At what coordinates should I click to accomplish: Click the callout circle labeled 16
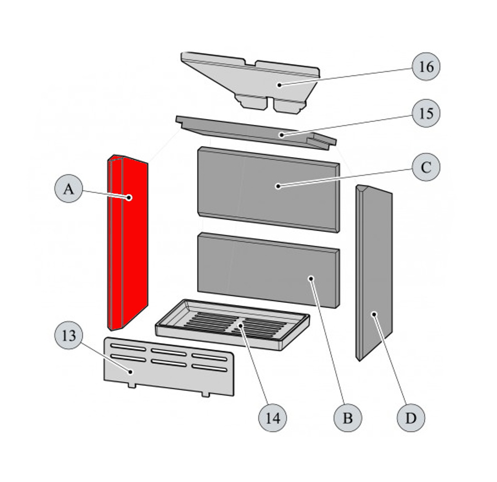(x=426, y=67)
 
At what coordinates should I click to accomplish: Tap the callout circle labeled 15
(x=426, y=113)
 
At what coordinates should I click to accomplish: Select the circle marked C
(x=426, y=167)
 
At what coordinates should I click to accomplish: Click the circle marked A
(x=68, y=189)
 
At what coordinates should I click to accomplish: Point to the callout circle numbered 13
(x=68, y=335)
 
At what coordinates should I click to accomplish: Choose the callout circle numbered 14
(x=273, y=418)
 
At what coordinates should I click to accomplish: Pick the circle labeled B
(x=348, y=418)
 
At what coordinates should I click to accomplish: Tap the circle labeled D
(x=411, y=418)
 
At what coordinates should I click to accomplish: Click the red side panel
(x=128, y=243)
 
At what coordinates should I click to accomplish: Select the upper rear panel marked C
(x=268, y=189)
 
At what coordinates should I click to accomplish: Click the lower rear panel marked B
(x=268, y=270)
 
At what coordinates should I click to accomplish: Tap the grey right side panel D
(x=374, y=273)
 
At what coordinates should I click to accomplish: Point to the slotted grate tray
(x=232, y=325)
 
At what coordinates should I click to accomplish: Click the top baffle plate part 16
(x=250, y=83)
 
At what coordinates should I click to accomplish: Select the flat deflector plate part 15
(x=256, y=133)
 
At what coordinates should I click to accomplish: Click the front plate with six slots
(x=169, y=367)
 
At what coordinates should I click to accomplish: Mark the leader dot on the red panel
(x=129, y=198)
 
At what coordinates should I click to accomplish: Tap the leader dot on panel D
(x=374, y=314)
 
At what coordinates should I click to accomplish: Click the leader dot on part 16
(x=279, y=85)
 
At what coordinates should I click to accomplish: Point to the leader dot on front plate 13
(x=130, y=372)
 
